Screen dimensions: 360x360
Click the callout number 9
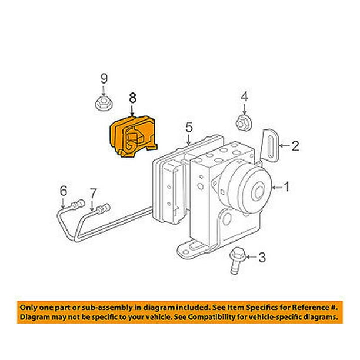coord(104,78)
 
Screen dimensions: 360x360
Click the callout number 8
coord(133,98)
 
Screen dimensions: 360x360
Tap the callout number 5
coord(189,127)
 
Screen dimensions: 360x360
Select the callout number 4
coord(245,96)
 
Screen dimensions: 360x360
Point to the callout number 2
coord(295,146)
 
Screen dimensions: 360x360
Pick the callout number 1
coord(287,187)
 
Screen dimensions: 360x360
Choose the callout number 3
coord(262,257)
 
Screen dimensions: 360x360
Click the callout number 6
coord(64,191)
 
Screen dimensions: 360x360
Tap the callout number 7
coord(93,194)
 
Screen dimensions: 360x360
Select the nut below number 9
coord(104,104)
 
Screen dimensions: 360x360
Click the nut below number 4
coord(244,125)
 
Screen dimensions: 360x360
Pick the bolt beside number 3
coord(237,261)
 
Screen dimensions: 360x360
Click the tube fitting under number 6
coord(78,204)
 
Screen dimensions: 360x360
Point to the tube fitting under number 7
coord(104,208)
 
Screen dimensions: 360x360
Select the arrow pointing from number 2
coord(285,146)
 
